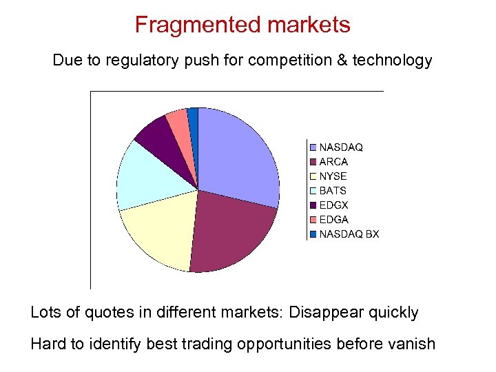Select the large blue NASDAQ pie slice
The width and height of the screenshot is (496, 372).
[238, 155]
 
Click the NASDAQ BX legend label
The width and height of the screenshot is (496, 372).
[349, 234]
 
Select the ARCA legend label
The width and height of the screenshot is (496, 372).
[333, 162]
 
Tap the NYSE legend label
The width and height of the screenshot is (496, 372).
[333, 176]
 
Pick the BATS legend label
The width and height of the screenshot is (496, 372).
[333, 191]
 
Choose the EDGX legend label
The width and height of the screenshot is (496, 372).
[333, 205]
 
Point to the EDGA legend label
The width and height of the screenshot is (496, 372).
[333, 220]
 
